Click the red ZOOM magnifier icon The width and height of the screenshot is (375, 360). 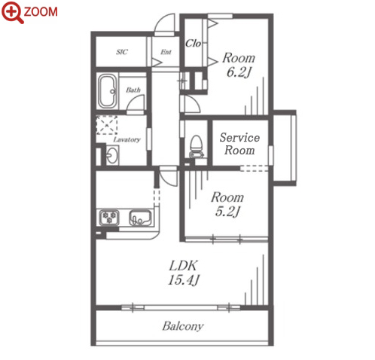click(x=12, y=12)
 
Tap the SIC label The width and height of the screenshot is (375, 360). click(x=122, y=52)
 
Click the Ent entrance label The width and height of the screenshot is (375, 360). click(x=166, y=52)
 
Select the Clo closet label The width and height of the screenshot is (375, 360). click(x=193, y=44)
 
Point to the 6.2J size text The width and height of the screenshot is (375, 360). click(x=239, y=72)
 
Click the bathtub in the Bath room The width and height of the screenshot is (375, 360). click(x=108, y=91)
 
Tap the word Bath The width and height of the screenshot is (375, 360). click(x=133, y=90)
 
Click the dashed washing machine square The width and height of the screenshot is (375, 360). click(x=107, y=125)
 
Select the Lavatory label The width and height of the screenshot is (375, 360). click(x=127, y=139)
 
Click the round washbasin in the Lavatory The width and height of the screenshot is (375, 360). click(x=111, y=155)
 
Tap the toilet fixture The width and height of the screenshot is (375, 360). click(x=196, y=147)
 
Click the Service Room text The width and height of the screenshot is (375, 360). click(x=239, y=144)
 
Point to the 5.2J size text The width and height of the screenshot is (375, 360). click(x=227, y=212)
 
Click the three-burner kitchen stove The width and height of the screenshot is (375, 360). click(x=109, y=218)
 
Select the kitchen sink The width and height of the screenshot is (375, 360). click(x=140, y=218)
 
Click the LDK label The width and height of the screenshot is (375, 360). click(x=183, y=266)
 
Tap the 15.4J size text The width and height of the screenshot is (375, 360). click(x=184, y=280)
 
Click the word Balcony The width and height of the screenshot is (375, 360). click(x=183, y=326)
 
